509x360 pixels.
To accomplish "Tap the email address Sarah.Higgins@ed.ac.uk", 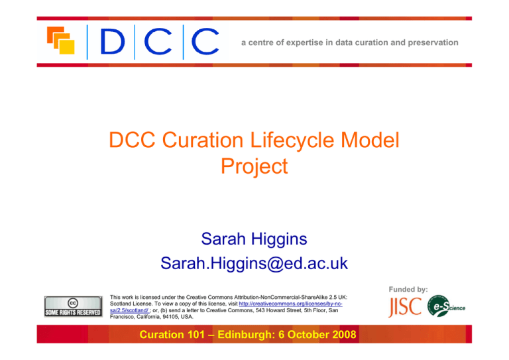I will (254, 263).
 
